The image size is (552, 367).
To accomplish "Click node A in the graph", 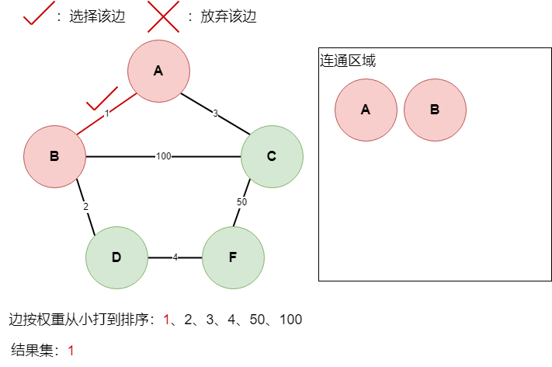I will tap(158, 71).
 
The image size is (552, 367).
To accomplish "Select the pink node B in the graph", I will tap(54, 156).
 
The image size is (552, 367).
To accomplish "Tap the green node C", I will tap(272, 156).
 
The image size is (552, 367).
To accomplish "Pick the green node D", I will tap(116, 257).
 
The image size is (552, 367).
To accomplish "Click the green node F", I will tap(233, 257).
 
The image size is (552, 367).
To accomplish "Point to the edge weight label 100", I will tap(163, 156).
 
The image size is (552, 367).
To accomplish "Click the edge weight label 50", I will tap(241, 202).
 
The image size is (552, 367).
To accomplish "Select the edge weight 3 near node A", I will tap(215, 114).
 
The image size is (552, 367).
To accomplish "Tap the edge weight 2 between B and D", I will tap(85, 207).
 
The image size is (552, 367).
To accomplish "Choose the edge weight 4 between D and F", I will tap(175, 257).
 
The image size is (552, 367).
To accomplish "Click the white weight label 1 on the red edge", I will tap(106, 114).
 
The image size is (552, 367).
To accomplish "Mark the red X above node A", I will tap(163, 16).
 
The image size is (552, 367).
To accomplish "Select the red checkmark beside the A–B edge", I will tap(101, 99).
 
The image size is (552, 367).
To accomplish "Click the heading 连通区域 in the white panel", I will tap(348, 61).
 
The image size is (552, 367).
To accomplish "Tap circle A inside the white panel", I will tap(366, 110).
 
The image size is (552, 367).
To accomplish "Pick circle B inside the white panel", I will tap(435, 110).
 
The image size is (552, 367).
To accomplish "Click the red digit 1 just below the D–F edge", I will tap(166, 320).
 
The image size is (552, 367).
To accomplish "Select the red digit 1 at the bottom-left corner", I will tap(71, 351).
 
